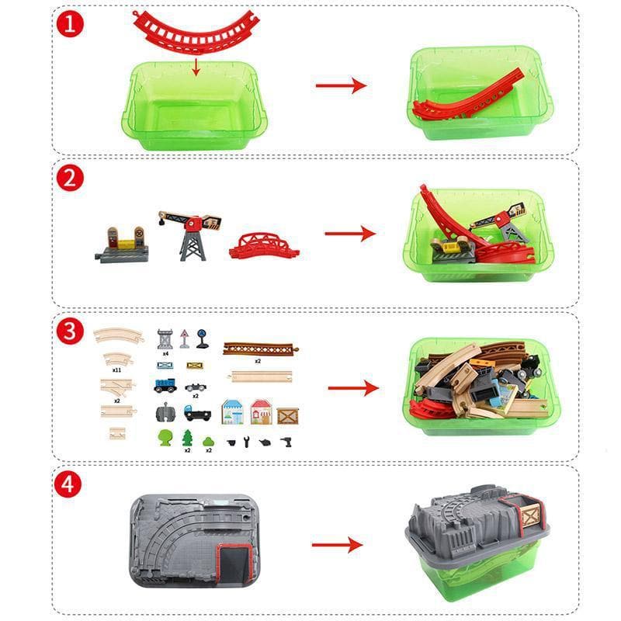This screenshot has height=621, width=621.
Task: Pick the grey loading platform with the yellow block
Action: click(x=121, y=245)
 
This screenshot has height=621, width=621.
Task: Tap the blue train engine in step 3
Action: click(x=165, y=384)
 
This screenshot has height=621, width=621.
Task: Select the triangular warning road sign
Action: click(x=185, y=338)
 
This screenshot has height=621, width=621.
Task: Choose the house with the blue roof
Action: click(x=232, y=411)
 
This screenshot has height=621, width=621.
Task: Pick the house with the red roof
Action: click(x=260, y=411)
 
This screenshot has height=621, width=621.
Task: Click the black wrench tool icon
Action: click(x=247, y=442)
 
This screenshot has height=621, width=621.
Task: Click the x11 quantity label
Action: click(x=116, y=370)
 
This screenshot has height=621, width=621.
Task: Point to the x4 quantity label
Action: click(x=165, y=352)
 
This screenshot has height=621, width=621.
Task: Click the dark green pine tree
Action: click(x=187, y=438)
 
